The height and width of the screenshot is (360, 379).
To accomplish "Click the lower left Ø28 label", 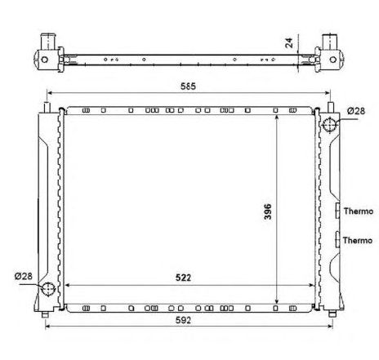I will (24, 276).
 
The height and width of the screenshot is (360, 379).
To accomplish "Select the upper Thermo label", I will (357, 211).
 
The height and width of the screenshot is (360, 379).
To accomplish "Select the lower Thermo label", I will (357, 240).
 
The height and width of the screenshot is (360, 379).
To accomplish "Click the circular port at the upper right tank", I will (330, 124).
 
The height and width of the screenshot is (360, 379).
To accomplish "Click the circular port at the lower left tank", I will (48, 289).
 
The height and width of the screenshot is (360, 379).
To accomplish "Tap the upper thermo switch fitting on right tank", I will (337, 211).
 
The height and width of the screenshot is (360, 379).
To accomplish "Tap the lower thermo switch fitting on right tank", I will (337, 240).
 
